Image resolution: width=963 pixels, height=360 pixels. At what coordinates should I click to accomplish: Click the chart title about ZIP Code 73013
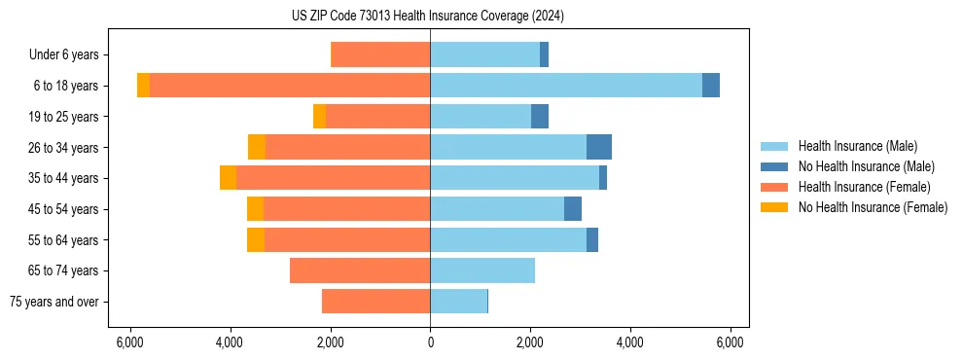[428, 16]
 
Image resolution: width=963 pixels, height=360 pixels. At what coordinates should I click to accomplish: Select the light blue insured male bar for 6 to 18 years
[565, 86]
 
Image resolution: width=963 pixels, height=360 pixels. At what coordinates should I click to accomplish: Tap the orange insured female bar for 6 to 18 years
[290, 86]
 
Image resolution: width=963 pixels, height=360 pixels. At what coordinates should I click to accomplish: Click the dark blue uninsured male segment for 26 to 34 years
[598, 147]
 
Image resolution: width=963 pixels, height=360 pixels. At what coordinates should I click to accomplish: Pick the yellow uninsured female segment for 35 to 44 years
[228, 178]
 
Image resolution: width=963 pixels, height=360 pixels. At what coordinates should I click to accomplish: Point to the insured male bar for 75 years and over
[458, 302]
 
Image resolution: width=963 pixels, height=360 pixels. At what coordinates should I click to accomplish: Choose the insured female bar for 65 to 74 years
[360, 270]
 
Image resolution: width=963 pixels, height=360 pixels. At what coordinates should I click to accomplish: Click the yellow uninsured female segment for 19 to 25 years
[319, 117]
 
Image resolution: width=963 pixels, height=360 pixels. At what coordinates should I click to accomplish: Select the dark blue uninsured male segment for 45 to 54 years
[573, 209]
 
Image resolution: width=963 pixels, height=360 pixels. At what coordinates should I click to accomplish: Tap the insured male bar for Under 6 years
[484, 54]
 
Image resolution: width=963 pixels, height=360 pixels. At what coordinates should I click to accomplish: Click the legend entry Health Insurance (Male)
[857, 146]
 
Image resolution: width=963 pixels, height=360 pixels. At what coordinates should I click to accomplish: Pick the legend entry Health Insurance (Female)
[864, 187]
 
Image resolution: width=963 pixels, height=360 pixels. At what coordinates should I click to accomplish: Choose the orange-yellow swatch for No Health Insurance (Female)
[774, 207]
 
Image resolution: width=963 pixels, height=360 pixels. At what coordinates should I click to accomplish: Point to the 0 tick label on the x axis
[430, 342]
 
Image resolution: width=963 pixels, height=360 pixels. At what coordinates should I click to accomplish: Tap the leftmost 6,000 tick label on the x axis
[129, 342]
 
